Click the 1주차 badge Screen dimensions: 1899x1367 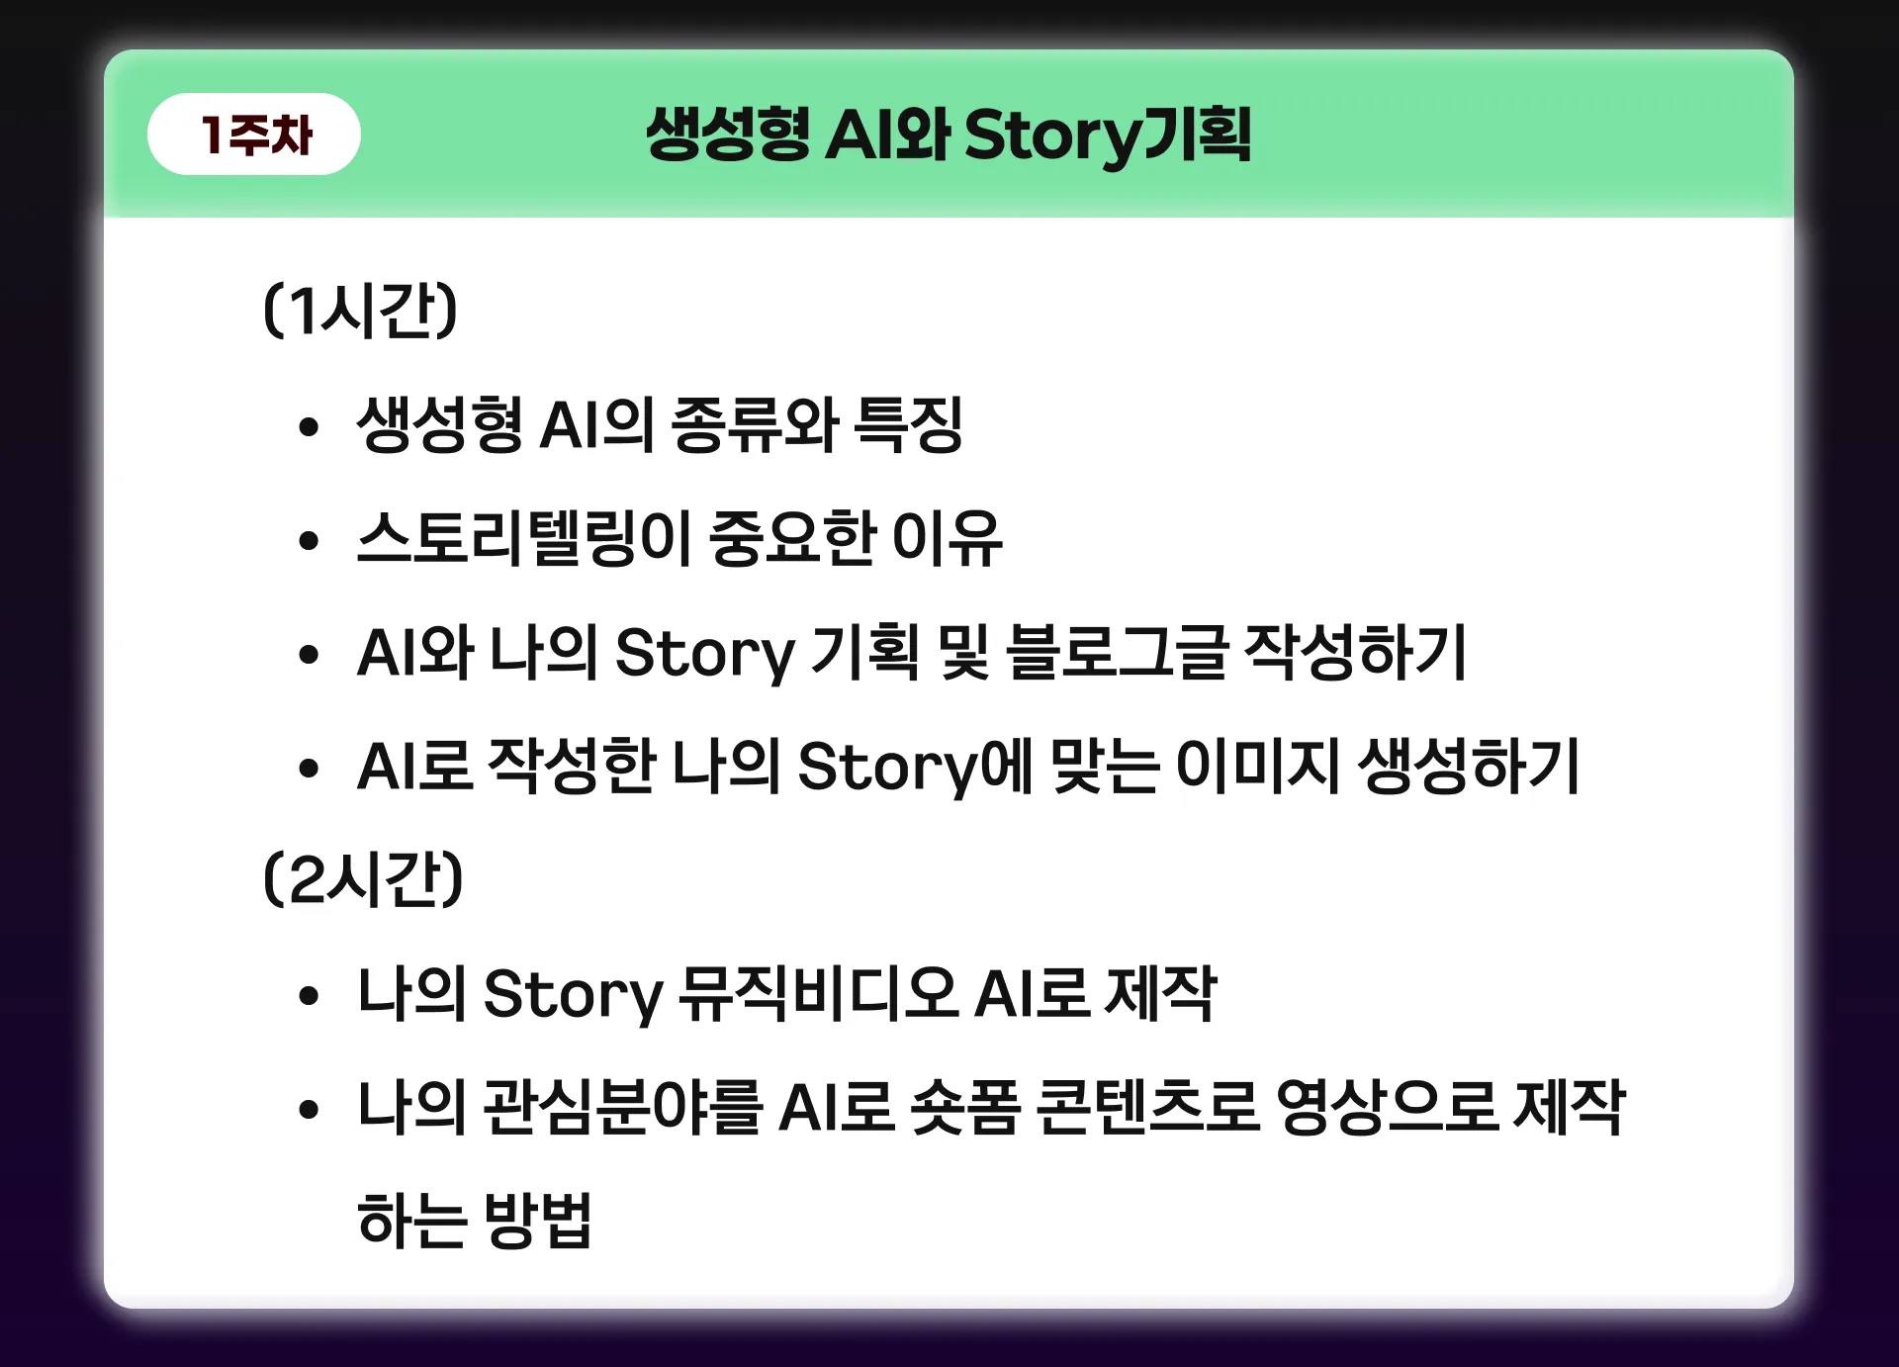tap(254, 135)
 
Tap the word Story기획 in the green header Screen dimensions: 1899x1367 tap(1108, 136)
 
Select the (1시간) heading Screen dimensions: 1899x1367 tap(360, 311)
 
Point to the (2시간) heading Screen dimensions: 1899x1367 tap(363, 879)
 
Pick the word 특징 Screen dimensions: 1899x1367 tap(908, 425)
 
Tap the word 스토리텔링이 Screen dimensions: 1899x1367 tap(522, 539)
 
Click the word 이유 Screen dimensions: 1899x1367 tap(948, 539)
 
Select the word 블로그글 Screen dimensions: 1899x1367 tap(1117, 653)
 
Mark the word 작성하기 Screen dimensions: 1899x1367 tap(1355, 653)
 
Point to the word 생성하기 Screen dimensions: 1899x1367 tap(1469, 767)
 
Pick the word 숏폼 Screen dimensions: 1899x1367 tap(965, 1107)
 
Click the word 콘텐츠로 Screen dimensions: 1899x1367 tap(1147, 1107)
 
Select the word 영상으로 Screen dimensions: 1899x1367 tap(1386, 1107)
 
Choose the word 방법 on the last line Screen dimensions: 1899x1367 tap(537, 1221)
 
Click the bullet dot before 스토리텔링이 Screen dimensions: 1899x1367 tap(310, 540)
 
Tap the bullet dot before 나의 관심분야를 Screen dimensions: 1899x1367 tap(310, 1109)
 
